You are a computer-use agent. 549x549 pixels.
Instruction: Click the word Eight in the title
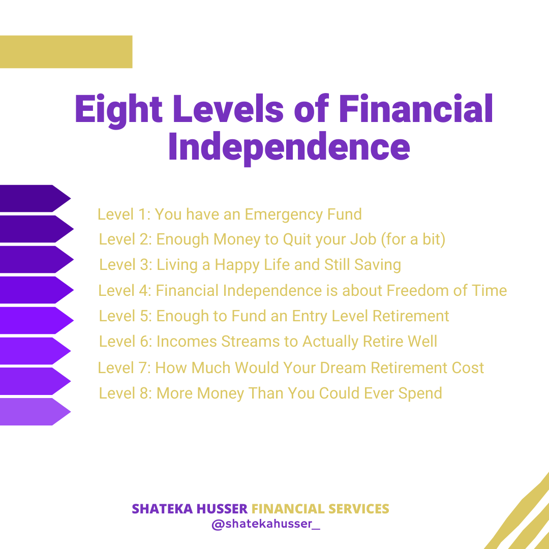point(118,110)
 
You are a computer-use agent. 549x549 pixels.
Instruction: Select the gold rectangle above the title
point(66,52)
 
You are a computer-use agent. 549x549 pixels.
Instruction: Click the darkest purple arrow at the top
point(36,198)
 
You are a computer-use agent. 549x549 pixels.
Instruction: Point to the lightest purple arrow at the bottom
point(36,412)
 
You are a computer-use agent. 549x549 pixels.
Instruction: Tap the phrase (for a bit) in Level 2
point(413,239)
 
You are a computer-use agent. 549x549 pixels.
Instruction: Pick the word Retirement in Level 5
point(411,316)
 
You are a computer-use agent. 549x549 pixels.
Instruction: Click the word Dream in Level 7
point(343,368)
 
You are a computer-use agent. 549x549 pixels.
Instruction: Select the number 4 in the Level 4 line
point(144,291)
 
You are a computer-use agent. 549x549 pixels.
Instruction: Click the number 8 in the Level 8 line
point(144,393)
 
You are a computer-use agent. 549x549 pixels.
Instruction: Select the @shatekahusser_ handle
point(266,524)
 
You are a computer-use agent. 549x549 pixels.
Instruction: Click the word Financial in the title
point(416,110)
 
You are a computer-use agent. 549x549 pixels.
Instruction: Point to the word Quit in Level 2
point(298,239)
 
